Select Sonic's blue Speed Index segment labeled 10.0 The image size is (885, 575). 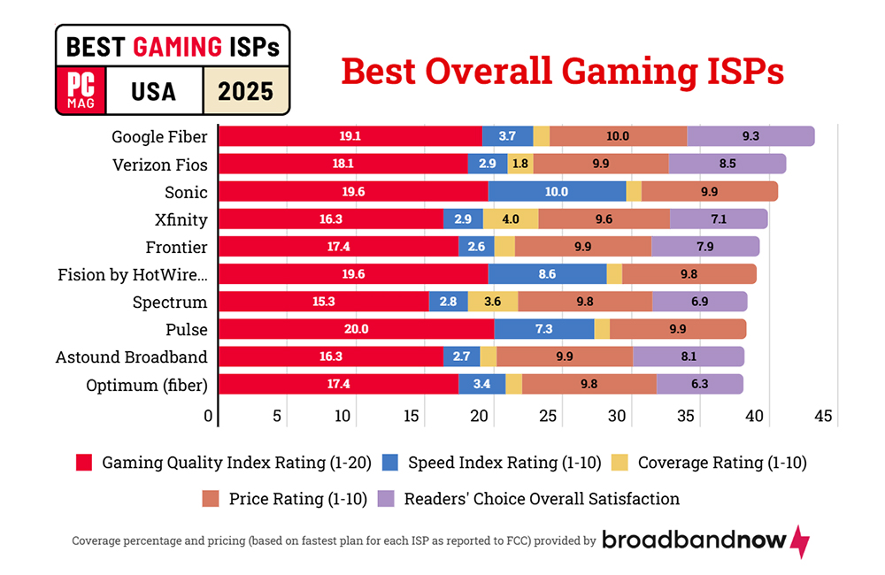coord(557,191)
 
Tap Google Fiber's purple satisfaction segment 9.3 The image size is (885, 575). coord(750,136)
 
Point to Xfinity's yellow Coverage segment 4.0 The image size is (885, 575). coord(511,218)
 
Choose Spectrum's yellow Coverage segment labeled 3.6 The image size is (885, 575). coord(493,302)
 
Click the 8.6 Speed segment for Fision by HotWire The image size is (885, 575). coord(547,274)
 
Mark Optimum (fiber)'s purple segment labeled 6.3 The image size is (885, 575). coord(699,384)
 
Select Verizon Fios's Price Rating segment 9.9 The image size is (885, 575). coord(601,164)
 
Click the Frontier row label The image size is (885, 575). coord(176,247)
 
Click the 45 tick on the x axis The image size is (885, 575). coord(823,417)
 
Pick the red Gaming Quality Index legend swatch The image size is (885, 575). coord(84,462)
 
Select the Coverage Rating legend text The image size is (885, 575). coord(722,462)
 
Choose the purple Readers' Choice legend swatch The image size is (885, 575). coord(386,498)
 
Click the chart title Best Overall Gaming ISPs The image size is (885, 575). coord(563,71)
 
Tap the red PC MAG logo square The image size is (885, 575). coord(81,91)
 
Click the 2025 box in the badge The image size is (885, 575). coord(245,91)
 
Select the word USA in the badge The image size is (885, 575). coord(153,91)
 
